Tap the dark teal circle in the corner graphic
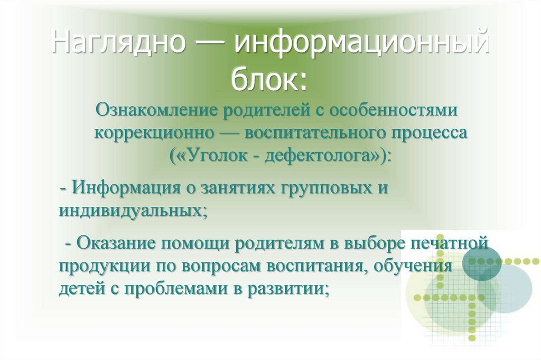coord(482,260)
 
